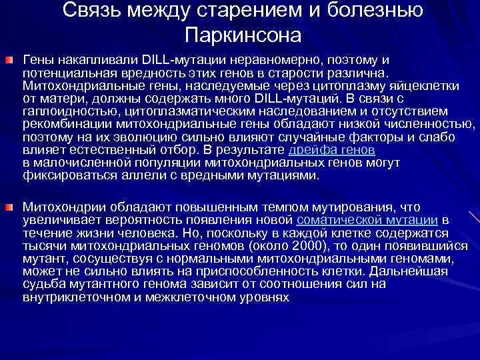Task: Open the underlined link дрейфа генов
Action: (337, 151)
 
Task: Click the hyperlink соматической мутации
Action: (367, 219)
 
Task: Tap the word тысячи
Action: (43, 245)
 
